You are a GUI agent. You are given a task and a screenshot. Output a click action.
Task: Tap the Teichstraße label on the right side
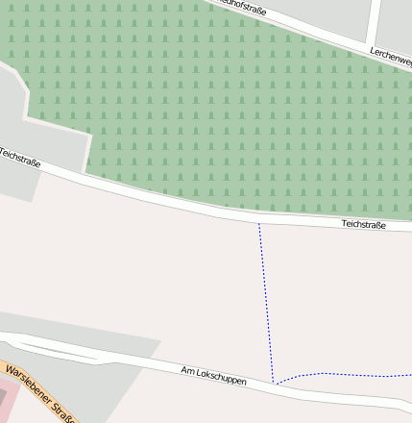[x=364, y=224]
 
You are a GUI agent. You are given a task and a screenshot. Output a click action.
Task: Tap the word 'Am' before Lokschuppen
[x=187, y=370]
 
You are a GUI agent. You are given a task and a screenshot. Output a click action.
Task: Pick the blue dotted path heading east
[x=346, y=374]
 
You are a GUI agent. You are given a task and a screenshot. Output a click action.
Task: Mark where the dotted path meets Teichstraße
[x=258, y=223]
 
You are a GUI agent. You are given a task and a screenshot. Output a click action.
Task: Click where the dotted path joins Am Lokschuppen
[x=275, y=385]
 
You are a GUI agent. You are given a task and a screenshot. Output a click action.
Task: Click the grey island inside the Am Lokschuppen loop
[x=58, y=350]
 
